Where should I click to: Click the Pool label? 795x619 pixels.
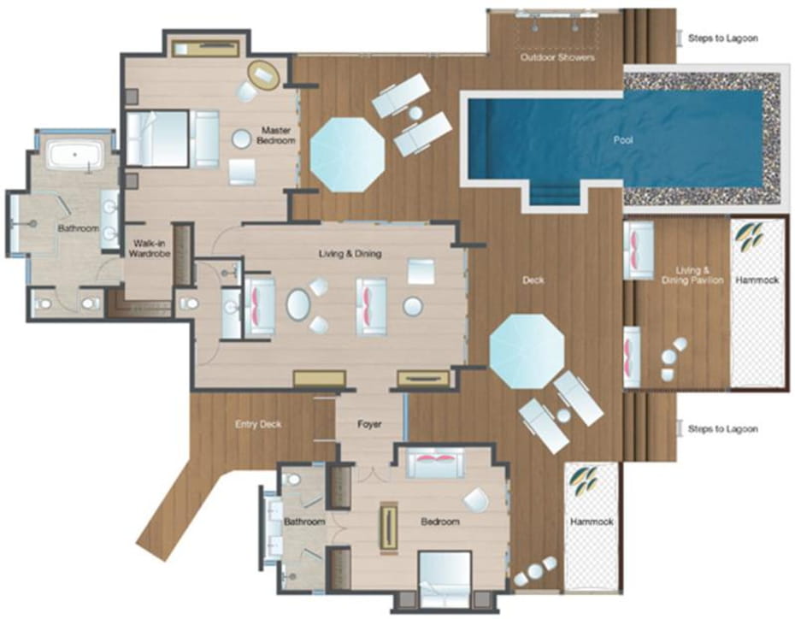(x=623, y=140)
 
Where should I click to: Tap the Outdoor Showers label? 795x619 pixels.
(x=557, y=57)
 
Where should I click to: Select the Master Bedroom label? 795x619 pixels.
(x=276, y=135)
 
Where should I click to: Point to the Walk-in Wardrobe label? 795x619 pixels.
(x=148, y=249)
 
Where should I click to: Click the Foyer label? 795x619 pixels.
(x=369, y=424)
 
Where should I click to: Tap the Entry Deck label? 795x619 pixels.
(x=258, y=424)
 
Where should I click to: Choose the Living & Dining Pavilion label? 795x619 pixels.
(x=692, y=275)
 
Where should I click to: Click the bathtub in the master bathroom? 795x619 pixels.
(x=75, y=154)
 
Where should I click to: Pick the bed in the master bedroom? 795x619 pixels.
(x=172, y=139)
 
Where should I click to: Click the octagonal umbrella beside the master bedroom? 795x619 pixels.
(x=347, y=155)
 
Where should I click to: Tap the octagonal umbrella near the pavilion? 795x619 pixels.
(x=527, y=351)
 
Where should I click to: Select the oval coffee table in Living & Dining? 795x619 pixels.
(x=298, y=304)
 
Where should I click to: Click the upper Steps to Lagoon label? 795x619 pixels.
(x=723, y=38)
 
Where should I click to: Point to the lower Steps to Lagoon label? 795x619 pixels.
(x=723, y=429)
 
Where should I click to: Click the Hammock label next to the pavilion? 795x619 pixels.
(x=757, y=280)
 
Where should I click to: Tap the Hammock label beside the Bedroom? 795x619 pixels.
(x=592, y=522)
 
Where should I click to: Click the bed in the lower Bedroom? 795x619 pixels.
(x=445, y=578)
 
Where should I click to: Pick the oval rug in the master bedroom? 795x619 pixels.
(x=263, y=75)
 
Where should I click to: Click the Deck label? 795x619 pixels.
(x=533, y=280)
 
